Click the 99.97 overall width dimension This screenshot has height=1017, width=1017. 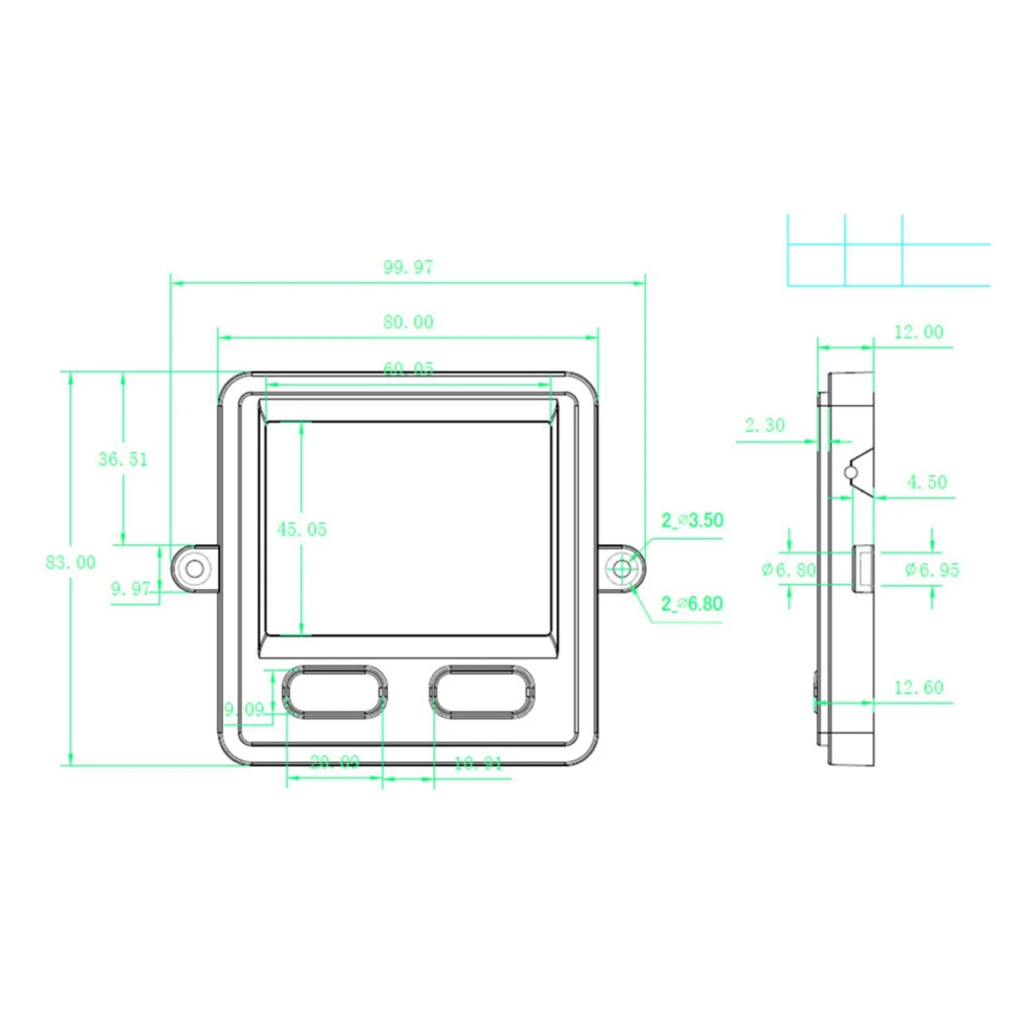(x=408, y=268)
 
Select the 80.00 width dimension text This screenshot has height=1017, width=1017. (x=408, y=322)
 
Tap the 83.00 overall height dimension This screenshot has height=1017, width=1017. (x=70, y=562)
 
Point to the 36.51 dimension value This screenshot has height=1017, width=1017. (x=123, y=459)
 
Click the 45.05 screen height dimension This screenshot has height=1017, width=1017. (x=302, y=530)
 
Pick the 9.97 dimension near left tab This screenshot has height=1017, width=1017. (x=131, y=589)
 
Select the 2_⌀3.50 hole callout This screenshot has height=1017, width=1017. (x=692, y=520)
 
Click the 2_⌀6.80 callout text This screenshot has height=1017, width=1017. (x=692, y=603)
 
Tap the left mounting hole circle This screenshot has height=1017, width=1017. (x=194, y=569)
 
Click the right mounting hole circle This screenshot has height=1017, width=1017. (x=623, y=569)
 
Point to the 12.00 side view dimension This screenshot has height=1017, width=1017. (x=919, y=332)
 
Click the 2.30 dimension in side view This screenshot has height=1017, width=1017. (x=764, y=425)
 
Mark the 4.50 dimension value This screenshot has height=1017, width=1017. (x=926, y=482)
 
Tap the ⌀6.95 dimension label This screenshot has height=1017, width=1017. (x=932, y=570)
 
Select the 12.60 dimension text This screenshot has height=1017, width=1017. (x=919, y=687)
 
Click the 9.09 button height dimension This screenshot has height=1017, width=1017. (x=243, y=709)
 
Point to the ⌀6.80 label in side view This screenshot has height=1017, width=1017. (x=788, y=570)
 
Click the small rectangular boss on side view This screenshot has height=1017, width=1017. (x=863, y=566)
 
